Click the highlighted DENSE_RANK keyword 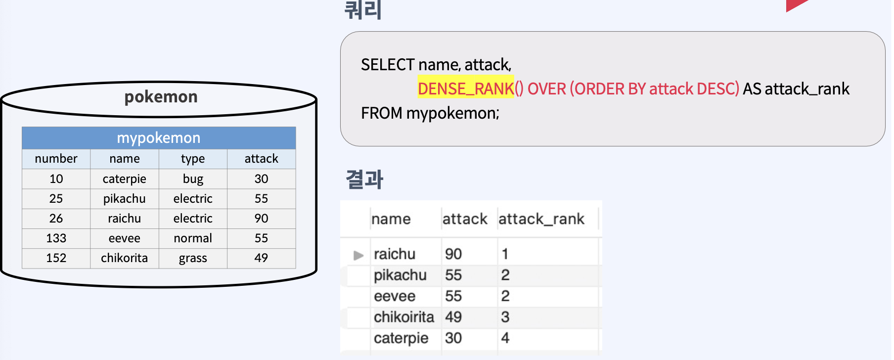click(466, 89)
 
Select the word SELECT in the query click(388, 65)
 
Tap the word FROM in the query click(381, 113)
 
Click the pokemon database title click(161, 97)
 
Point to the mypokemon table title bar click(159, 138)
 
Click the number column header click(56, 159)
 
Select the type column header click(193, 159)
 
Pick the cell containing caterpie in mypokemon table click(124, 179)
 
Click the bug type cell click(193, 179)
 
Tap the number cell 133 click(56, 238)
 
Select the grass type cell click(193, 258)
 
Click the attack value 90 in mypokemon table click(261, 219)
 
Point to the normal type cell click(193, 238)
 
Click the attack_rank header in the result click(541, 219)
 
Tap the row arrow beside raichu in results click(358, 255)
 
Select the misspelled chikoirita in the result click(403, 317)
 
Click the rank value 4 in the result click(505, 338)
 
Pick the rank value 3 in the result click(505, 317)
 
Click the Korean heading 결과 click(364, 179)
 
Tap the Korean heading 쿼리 click(363, 10)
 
